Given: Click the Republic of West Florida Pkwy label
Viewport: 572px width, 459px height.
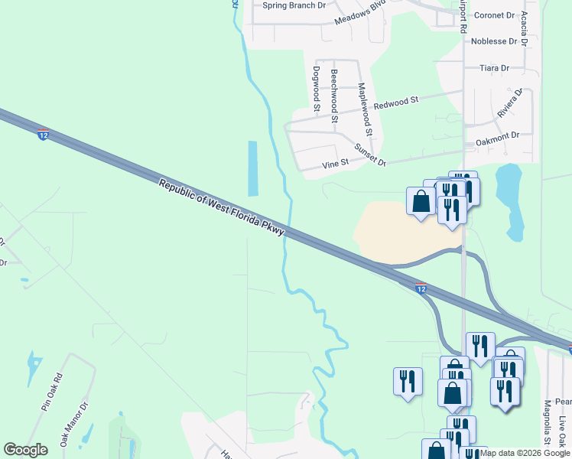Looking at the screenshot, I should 222,207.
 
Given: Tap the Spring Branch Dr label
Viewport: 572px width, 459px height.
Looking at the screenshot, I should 294,5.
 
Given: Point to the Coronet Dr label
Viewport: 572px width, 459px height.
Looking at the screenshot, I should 493,15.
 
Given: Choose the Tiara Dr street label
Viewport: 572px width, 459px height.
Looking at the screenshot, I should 494,68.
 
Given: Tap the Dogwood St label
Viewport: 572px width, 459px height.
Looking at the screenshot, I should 316,88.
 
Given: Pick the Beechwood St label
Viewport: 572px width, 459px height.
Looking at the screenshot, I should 334,96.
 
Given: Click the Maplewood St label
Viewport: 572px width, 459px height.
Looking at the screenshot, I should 365,108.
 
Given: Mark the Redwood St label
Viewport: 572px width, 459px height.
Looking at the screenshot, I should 396,101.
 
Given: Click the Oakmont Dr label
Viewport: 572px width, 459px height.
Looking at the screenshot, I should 497,135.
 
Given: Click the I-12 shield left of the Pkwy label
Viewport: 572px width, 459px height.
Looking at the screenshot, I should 44,135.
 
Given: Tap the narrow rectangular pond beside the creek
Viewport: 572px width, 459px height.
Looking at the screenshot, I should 252,168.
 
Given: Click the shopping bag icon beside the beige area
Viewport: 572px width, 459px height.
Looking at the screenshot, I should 421,202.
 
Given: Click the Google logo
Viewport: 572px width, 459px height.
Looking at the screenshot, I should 26,450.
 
